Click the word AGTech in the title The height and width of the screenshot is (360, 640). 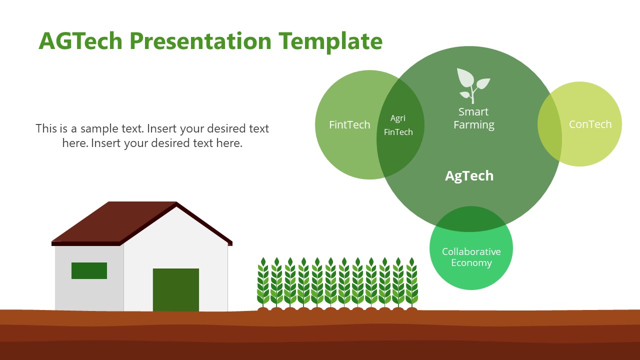(80, 41)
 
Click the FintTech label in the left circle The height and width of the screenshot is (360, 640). (349, 125)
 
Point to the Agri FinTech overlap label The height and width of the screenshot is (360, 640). (398, 125)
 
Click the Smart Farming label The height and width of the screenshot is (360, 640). (473, 118)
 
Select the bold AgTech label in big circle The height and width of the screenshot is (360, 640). (469, 176)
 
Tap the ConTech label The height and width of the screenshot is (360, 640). (590, 124)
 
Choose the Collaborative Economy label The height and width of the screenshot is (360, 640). (471, 257)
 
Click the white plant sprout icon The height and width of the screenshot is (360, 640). (473, 85)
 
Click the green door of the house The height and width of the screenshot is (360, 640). (175, 290)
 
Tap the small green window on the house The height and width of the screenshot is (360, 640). (89, 270)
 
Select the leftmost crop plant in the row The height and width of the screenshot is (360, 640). (263, 282)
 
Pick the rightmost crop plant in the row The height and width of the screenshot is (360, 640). (411, 282)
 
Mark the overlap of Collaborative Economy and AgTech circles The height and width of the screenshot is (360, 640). (470, 219)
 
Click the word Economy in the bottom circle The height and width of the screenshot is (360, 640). (471, 263)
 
